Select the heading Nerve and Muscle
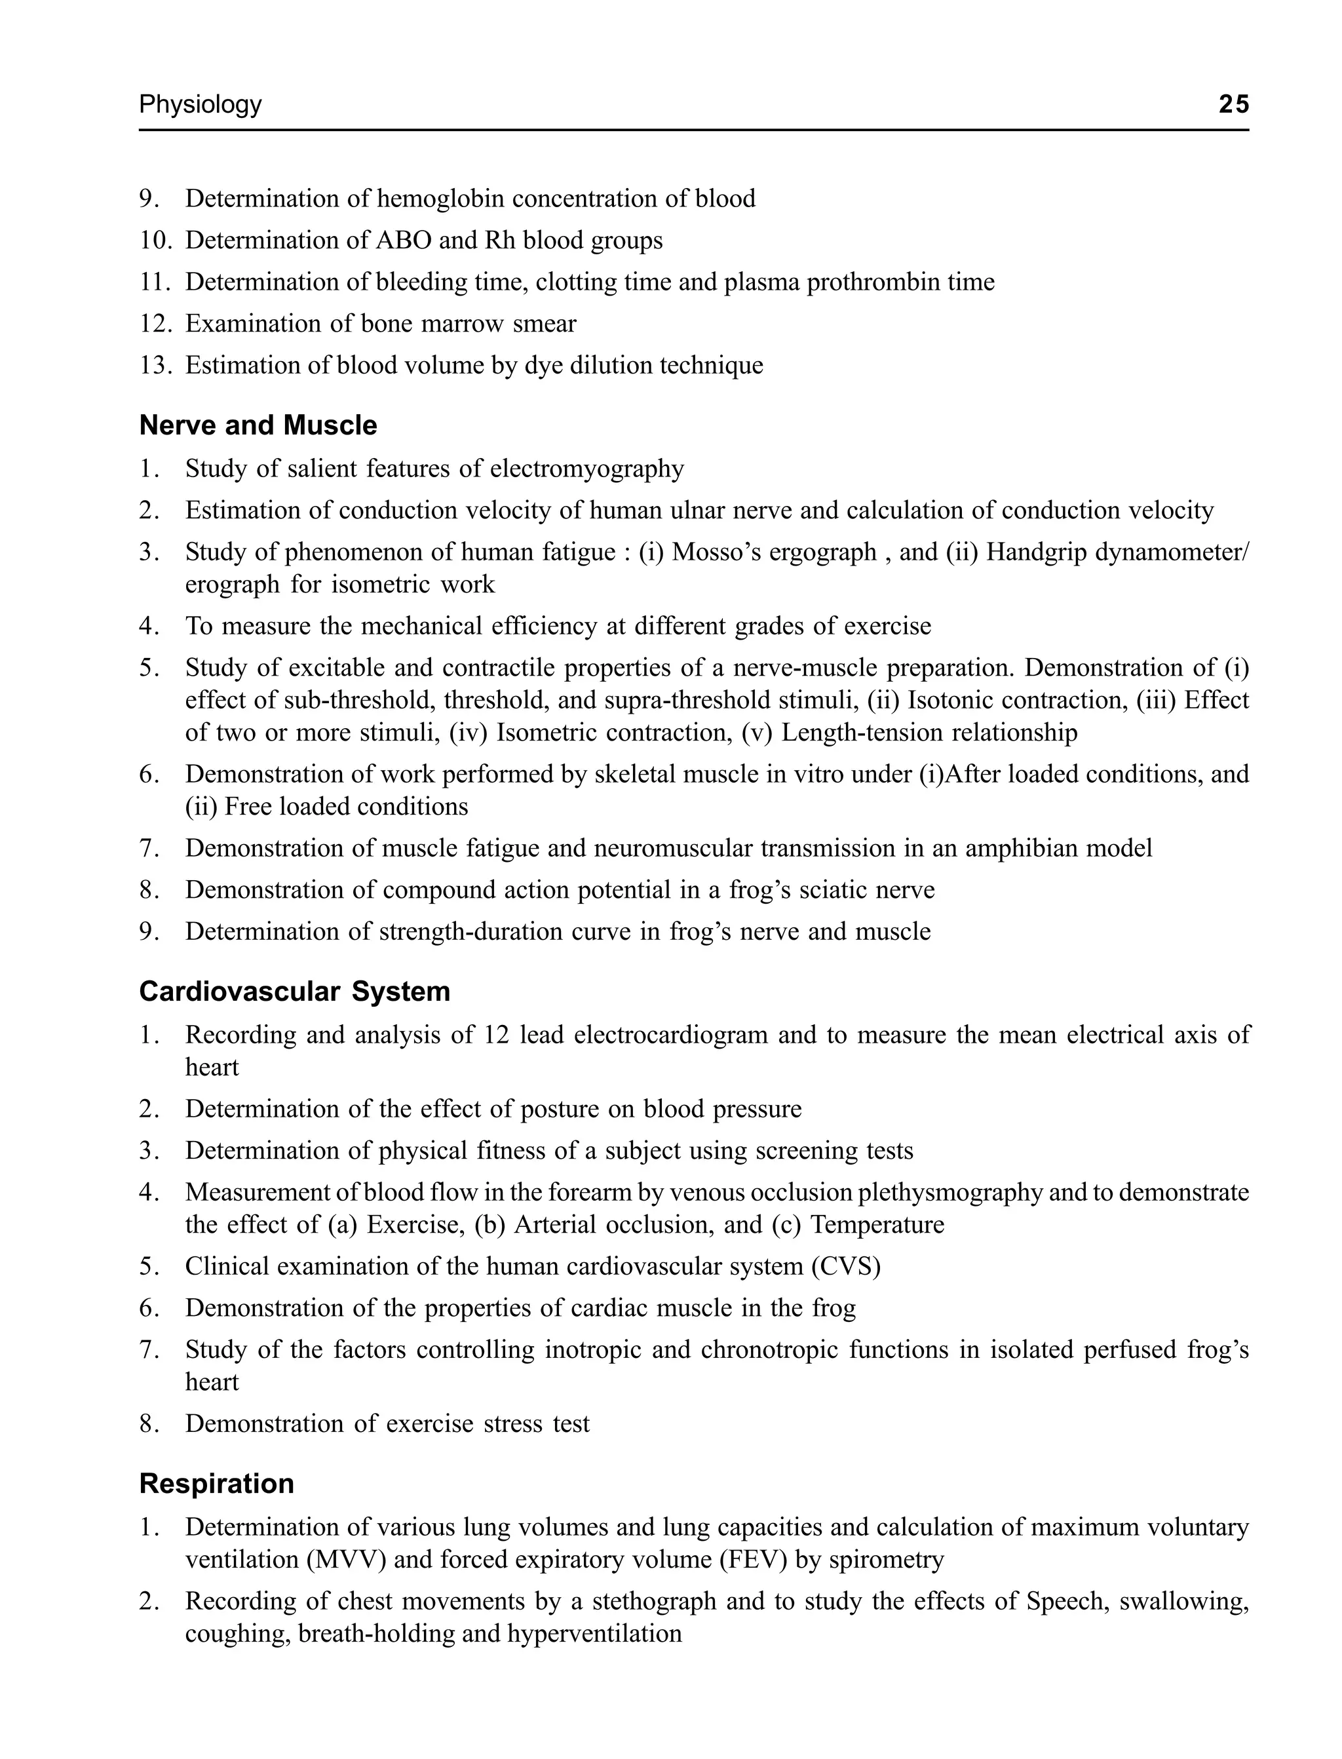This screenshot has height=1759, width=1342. coord(258,426)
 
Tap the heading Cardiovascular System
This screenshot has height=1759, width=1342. coord(295,992)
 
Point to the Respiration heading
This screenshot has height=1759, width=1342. coord(216,1483)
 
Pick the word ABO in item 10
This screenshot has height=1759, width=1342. coord(402,241)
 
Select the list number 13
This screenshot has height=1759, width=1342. coord(155,366)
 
